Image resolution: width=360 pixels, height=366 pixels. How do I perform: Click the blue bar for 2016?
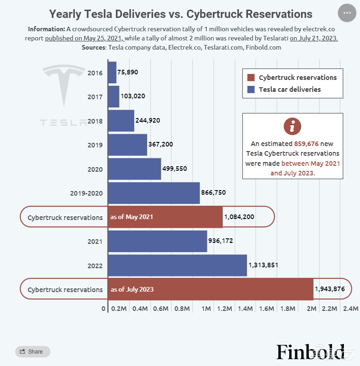112,73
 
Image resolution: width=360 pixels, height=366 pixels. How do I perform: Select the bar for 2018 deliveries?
121,121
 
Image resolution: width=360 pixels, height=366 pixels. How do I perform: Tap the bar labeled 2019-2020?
154,193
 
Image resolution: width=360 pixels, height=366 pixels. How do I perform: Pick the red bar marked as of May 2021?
165,217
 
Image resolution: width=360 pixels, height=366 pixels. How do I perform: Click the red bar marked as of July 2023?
210,289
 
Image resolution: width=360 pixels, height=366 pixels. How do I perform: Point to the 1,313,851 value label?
263,265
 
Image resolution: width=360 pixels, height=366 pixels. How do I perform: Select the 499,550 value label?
175,169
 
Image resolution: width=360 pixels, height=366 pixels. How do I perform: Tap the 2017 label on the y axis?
95,96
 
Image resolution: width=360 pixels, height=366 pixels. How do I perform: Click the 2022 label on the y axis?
95,265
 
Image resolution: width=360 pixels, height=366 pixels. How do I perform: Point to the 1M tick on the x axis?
206,309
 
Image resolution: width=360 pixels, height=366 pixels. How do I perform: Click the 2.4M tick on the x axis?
351,309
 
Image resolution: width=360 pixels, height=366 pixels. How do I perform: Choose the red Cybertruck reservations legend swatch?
251,78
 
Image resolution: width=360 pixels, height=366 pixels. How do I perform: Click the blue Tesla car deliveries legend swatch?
251,90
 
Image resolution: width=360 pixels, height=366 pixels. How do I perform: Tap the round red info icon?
292,126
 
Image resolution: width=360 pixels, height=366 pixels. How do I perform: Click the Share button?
32,352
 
